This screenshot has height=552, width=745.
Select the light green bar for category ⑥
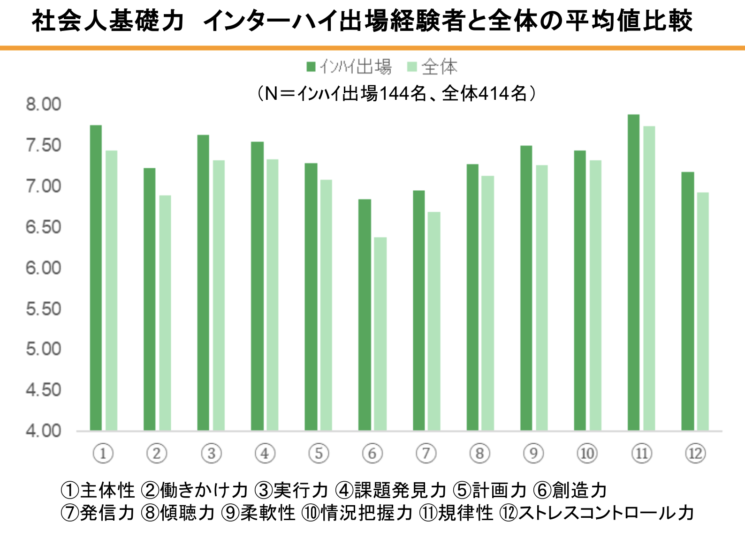(380, 334)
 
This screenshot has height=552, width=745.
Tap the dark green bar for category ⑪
(633, 272)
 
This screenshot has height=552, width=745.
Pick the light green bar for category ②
(165, 313)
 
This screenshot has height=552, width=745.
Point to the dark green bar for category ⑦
(419, 310)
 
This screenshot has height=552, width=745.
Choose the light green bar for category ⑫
(703, 311)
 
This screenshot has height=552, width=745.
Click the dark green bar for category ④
(257, 286)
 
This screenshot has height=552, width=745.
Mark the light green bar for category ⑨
(542, 298)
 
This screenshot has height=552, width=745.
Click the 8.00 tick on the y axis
(44, 104)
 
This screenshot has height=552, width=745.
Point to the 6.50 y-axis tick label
(44, 227)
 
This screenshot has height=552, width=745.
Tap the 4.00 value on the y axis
(44, 431)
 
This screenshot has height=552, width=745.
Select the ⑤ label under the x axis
(319, 453)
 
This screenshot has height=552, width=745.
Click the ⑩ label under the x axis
(587, 453)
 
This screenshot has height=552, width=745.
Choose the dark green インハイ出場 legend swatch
(311, 67)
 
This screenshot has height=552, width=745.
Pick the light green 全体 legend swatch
(412, 67)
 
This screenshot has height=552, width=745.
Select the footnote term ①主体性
(98, 490)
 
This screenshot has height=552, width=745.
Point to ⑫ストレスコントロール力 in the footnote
(596, 513)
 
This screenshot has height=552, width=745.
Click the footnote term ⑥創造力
(570, 490)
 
